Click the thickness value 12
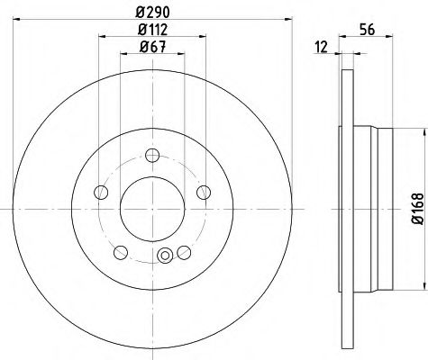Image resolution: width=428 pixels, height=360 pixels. [x=322, y=47]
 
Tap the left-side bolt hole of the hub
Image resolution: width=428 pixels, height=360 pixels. [x=101, y=191]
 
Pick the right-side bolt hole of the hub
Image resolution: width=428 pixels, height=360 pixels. [x=203, y=191]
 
